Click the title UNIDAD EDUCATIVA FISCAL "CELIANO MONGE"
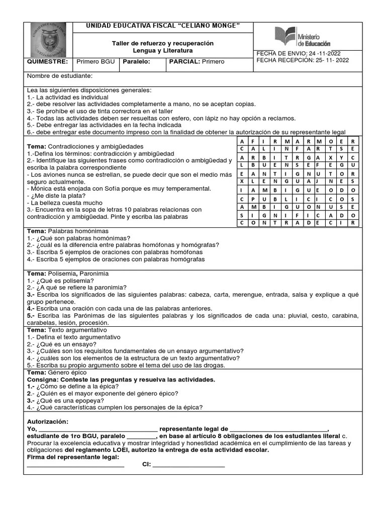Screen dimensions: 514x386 coord(163,26)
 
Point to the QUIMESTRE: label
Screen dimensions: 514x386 coord(46,62)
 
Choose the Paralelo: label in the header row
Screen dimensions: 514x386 coord(134,62)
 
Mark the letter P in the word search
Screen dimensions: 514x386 coord(255,198)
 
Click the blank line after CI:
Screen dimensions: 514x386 coord(188,464)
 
